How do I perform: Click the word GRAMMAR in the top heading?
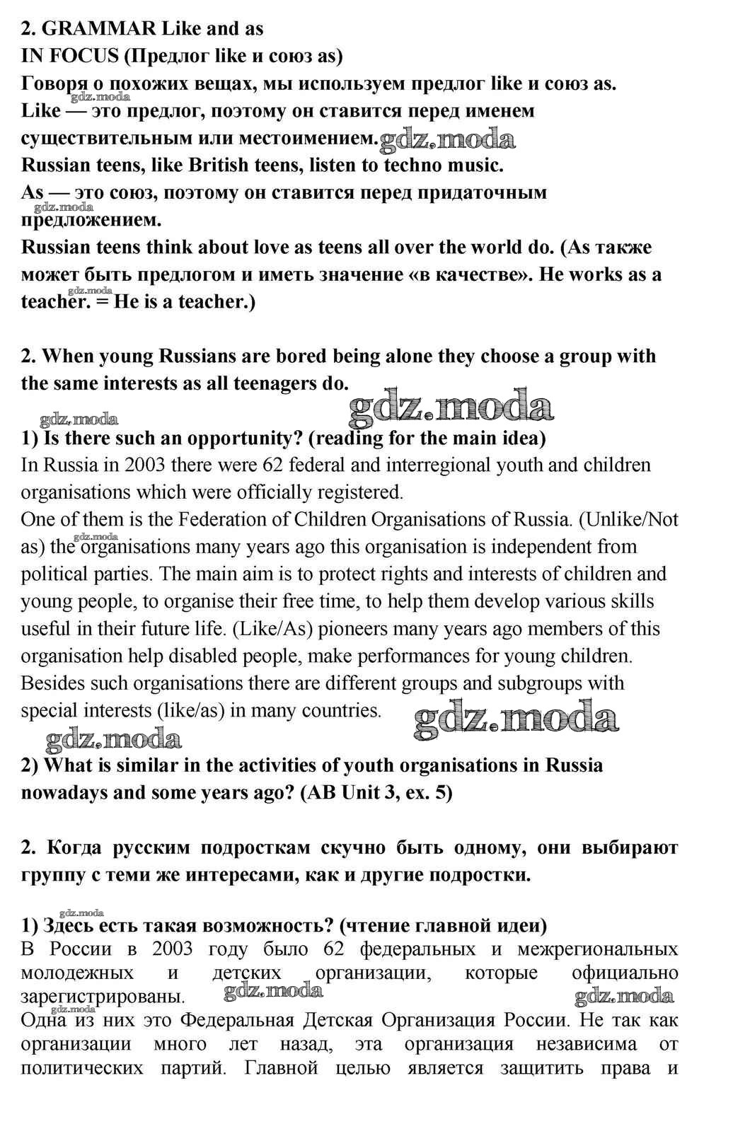point(99,29)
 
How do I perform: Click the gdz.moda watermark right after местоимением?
point(447,139)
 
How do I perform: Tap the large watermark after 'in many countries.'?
point(516,718)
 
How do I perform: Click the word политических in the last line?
point(81,1067)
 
